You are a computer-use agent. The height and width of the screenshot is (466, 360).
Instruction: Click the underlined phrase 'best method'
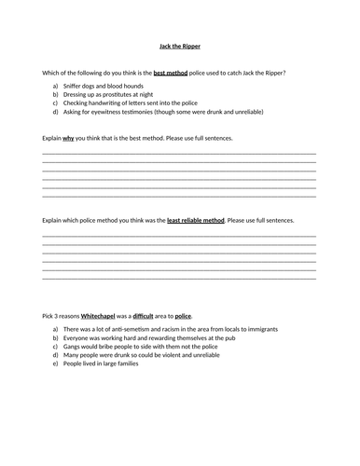[174, 72]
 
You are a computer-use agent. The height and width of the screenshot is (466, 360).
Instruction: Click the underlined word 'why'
[70, 138]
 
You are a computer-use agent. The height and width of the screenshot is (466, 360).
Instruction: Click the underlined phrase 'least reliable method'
[196, 220]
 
